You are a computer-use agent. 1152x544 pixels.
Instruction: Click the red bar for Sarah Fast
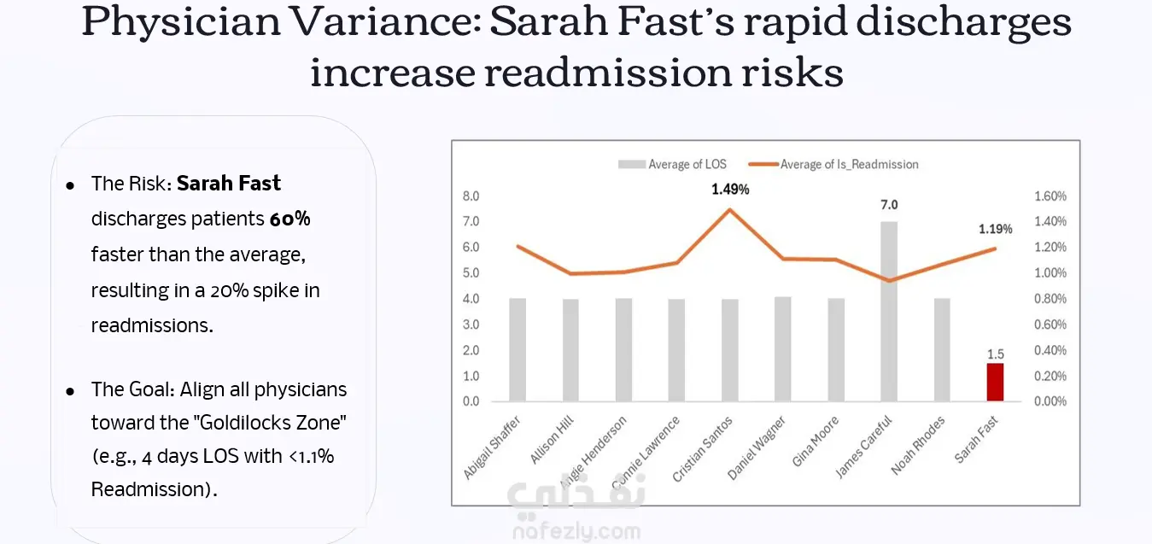(x=995, y=382)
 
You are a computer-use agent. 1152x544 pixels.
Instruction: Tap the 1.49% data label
(x=730, y=190)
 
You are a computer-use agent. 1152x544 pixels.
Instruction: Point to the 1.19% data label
(x=995, y=229)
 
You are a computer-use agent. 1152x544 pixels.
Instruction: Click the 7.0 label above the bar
(x=889, y=205)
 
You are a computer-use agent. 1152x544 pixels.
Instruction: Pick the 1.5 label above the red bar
(x=995, y=354)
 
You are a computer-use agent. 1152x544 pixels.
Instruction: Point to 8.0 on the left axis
(x=471, y=196)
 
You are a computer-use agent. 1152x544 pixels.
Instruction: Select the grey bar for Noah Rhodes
(x=942, y=350)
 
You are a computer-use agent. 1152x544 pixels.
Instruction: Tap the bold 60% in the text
(x=290, y=219)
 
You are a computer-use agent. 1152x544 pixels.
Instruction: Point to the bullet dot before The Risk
(x=71, y=184)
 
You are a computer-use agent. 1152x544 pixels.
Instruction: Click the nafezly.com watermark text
(x=576, y=532)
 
